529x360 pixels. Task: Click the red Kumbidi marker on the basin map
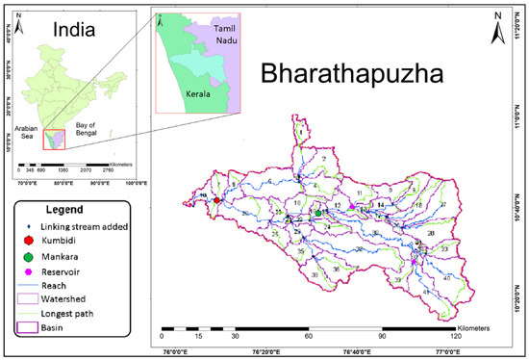point(216,201)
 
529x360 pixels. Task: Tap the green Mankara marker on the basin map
point(318,213)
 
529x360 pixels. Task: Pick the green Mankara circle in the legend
point(28,257)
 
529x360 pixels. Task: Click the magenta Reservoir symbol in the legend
point(28,272)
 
